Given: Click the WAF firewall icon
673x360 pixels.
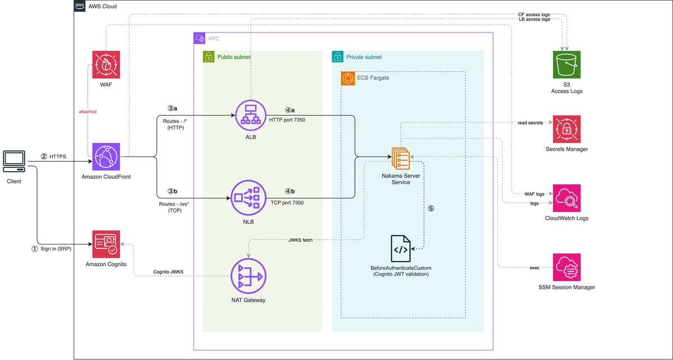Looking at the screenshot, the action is (x=106, y=64).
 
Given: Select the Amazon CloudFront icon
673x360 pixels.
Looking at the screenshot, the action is (x=106, y=156).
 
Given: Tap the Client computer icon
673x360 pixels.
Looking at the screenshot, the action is (x=14, y=161).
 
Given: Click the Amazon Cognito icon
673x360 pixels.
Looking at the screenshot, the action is (x=106, y=244).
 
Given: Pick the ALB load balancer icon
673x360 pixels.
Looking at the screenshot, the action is (x=251, y=116).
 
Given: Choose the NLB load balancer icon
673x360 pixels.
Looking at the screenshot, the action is (x=248, y=198).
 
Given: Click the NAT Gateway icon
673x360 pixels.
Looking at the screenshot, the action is (x=248, y=276).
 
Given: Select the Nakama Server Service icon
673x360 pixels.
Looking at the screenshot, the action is (x=401, y=158).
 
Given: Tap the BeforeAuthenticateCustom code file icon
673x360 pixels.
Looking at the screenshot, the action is (x=400, y=248).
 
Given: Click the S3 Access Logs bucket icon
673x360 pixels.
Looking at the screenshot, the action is (x=566, y=64).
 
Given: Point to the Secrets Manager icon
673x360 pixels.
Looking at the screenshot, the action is (x=566, y=129).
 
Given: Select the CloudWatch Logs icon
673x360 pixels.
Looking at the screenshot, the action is (x=566, y=198).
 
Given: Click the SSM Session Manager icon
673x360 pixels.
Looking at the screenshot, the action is (x=566, y=267).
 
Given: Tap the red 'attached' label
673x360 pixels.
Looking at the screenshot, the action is (x=87, y=112).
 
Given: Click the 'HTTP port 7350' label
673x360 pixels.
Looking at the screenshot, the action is (x=287, y=120).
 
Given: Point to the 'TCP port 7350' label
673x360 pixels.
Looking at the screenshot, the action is (x=287, y=203).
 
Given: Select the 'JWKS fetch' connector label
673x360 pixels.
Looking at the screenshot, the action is (x=301, y=240).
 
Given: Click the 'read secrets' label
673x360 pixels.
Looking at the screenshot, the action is (x=531, y=123).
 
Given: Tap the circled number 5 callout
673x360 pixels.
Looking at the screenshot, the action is (x=431, y=209).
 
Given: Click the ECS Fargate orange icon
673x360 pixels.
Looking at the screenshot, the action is (x=348, y=79).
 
